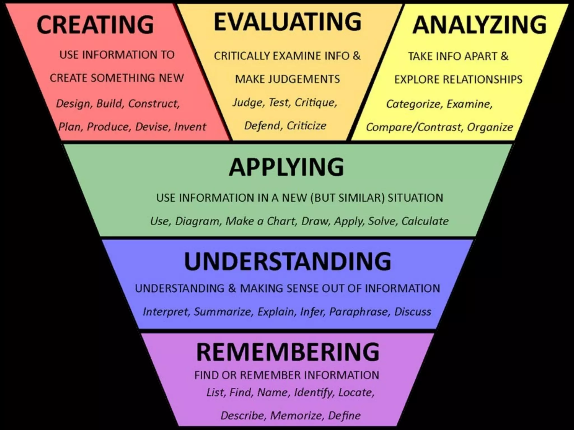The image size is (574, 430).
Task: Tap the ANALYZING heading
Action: [x=479, y=25]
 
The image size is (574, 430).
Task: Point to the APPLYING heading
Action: [x=286, y=167]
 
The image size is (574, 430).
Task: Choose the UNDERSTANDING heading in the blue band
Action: [x=288, y=261]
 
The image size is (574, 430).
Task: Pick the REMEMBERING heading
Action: [x=288, y=352]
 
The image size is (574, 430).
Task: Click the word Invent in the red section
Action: [x=190, y=127]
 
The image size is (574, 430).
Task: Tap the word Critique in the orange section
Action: [x=316, y=102]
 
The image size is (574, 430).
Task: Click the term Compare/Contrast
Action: [x=413, y=127]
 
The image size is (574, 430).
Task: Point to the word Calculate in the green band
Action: [x=425, y=221]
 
